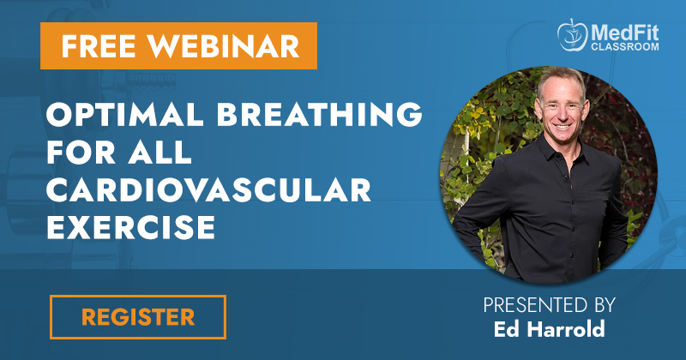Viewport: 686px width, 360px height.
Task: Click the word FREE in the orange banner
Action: (99, 46)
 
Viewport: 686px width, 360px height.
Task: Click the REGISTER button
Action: (138, 317)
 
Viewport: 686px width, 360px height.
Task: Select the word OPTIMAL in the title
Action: (124, 114)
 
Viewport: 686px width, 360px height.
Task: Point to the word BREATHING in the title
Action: (319, 114)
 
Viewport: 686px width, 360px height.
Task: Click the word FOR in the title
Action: (81, 152)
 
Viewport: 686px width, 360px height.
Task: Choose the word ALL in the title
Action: (159, 152)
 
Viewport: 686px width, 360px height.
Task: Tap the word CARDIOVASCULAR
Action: (208, 189)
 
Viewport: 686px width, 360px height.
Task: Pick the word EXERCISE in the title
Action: (131, 227)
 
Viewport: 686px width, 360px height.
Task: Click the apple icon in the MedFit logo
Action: (572, 35)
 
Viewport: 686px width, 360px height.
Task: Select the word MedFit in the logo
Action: (625, 33)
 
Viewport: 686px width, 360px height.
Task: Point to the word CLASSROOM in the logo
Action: (625, 46)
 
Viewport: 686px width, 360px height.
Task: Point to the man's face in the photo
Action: (562, 110)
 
